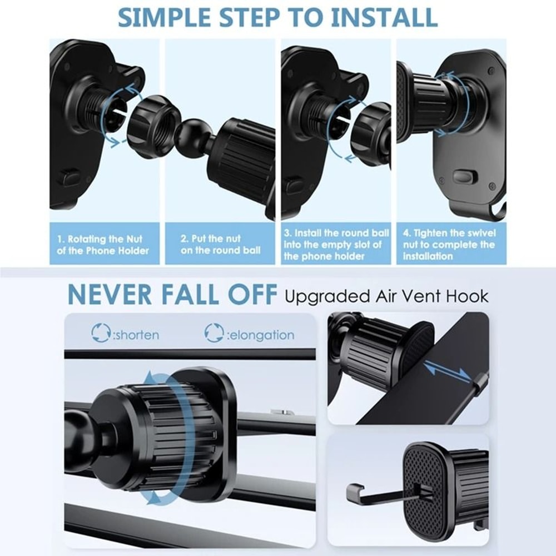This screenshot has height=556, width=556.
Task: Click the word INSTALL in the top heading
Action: pos(384,17)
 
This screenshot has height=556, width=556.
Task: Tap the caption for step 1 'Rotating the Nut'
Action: pos(103,245)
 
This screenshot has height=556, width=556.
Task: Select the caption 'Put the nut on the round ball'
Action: pos(220,245)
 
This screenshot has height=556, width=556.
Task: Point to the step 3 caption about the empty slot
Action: pos(336,245)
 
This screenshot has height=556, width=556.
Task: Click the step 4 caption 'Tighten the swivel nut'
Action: pos(449,245)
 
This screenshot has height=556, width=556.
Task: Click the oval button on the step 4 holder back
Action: pos(465,177)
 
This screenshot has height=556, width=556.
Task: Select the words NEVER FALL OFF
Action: pos(172,295)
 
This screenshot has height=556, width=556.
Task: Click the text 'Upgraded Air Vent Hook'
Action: pos(386,296)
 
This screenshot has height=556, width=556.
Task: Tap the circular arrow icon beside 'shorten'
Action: pos(101,333)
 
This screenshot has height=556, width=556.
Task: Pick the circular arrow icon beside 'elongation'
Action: pos(214,333)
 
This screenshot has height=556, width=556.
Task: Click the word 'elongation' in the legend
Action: pos(261,335)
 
